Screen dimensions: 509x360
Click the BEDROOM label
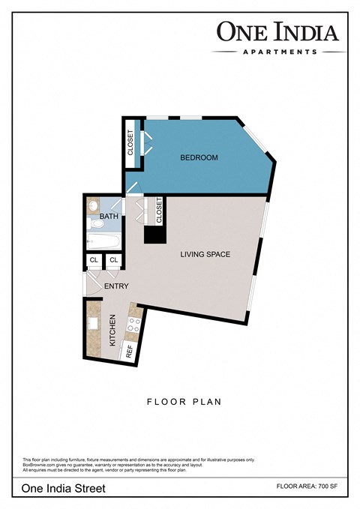click(x=199, y=157)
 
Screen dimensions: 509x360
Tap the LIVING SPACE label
click(x=205, y=254)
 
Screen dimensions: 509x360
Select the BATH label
click(x=109, y=216)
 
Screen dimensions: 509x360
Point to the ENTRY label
click(x=116, y=286)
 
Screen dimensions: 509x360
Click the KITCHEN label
click(x=113, y=330)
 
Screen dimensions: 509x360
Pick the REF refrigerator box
click(x=129, y=349)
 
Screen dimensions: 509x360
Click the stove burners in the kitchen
click(x=135, y=325)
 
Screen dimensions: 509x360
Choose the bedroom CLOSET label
click(x=130, y=142)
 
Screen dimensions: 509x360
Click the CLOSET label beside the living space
click(x=159, y=211)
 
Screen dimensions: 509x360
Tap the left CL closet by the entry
click(x=94, y=260)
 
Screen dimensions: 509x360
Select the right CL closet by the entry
click(x=114, y=260)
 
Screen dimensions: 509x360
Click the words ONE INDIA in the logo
click(x=278, y=31)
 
